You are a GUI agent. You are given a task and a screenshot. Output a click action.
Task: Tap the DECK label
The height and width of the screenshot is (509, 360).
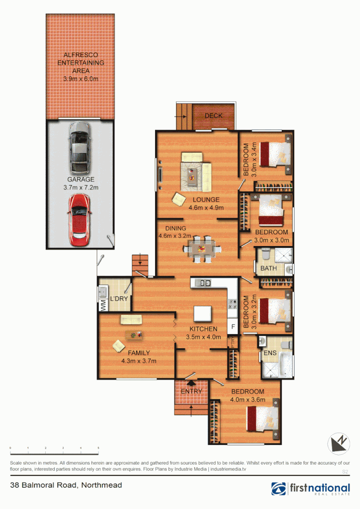(213, 116)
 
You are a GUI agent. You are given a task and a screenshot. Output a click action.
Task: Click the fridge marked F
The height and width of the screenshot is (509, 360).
(232, 326)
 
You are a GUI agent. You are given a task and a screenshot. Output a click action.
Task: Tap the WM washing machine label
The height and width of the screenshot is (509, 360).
(103, 305)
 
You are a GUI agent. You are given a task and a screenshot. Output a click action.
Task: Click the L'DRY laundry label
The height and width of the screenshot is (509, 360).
(118, 299)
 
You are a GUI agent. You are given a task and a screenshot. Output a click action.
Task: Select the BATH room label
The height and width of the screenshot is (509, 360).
(268, 269)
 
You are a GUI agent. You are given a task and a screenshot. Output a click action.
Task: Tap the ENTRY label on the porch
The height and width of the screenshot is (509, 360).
(191, 391)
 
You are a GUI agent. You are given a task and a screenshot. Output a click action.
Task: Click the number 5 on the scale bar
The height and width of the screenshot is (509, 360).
(98, 448)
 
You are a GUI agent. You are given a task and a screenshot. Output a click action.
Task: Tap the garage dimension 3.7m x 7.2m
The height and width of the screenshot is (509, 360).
(81, 188)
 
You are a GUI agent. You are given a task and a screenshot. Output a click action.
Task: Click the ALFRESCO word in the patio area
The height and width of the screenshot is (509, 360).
(81, 55)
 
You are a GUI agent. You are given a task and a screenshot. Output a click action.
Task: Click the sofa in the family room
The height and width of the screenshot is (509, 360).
(131, 320)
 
